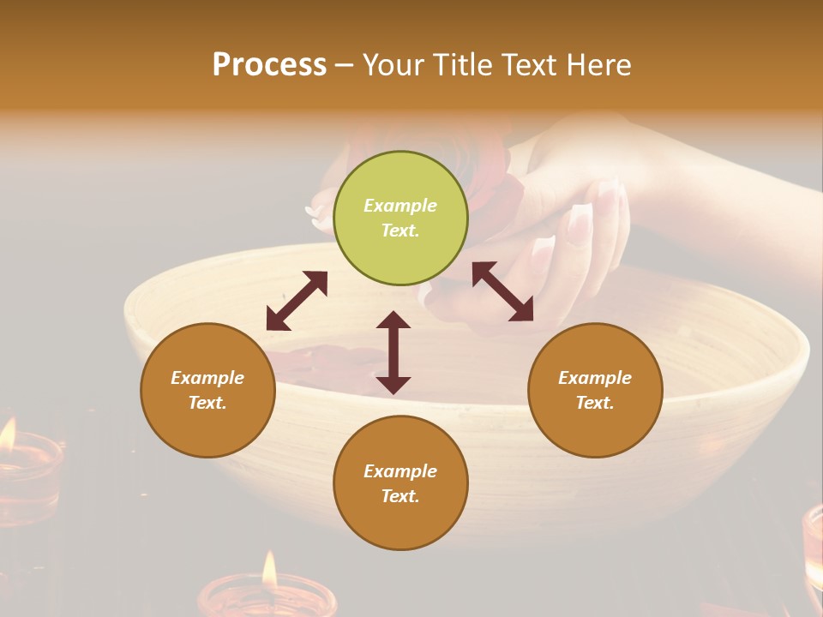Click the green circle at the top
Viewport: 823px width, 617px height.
pos(400,219)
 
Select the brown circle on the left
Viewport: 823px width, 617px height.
pos(207,390)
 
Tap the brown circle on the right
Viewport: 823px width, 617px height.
pos(595,390)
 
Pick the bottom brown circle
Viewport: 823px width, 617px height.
pos(400,483)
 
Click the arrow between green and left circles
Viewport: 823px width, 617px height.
pos(297,301)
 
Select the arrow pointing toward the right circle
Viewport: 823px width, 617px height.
pos(503,291)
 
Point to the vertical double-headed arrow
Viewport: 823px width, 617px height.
pos(393,352)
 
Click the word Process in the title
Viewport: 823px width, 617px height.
pos(269,64)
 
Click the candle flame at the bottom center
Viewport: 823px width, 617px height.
pos(269,570)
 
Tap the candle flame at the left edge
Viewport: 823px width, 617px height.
pos(7,434)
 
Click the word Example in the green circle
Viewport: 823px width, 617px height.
pos(400,206)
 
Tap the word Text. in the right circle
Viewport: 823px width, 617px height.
pos(595,403)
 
